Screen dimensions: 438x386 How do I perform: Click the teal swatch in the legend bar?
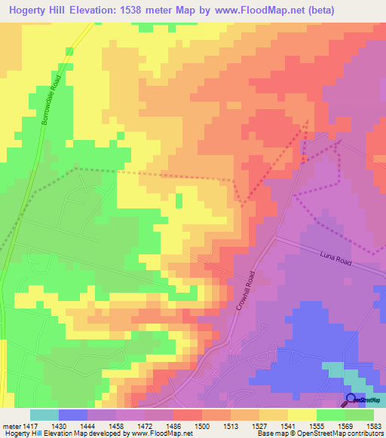[44, 415]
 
